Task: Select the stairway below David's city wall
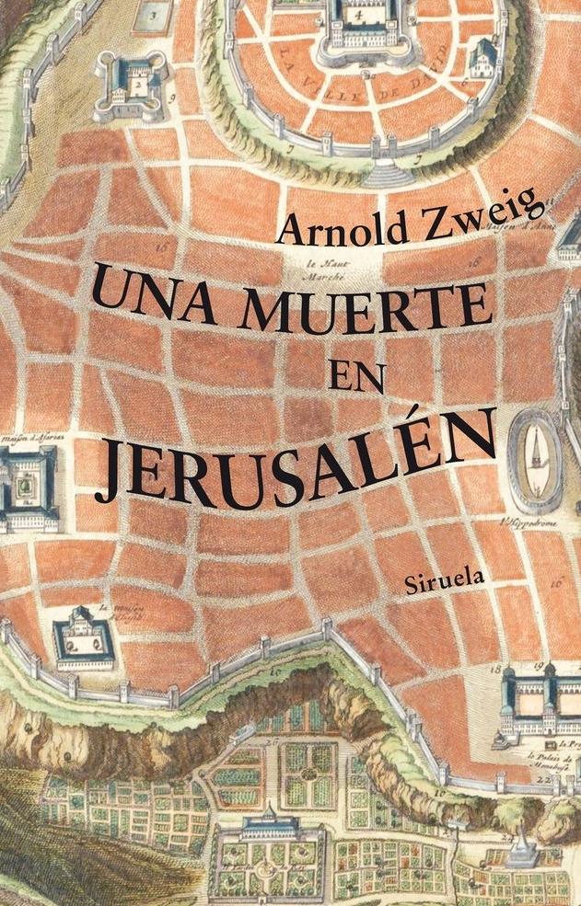(384, 172)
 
